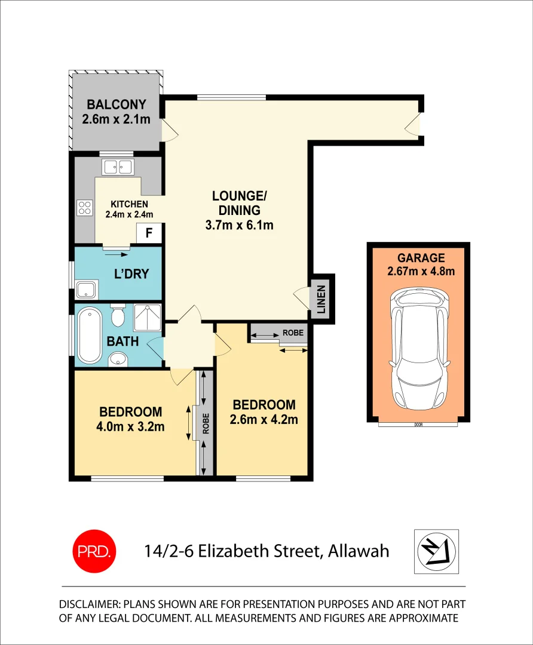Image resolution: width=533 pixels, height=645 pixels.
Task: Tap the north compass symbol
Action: (x=436, y=551)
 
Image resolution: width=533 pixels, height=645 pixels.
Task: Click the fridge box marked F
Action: (x=149, y=233)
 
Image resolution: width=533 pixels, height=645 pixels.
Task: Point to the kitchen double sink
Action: (x=118, y=167)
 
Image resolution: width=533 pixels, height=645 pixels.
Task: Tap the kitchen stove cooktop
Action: (x=85, y=208)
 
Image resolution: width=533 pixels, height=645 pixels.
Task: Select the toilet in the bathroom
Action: (x=118, y=315)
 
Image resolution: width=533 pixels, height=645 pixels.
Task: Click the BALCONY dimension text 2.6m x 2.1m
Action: (x=116, y=119)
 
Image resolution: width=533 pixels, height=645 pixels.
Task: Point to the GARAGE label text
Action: (x=421, y=258)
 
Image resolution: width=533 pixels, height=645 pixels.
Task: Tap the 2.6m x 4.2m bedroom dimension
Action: (x=264, y=419)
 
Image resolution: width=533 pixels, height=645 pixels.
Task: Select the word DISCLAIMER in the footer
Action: (x=96, y=604)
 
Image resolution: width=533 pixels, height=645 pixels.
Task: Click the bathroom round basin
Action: (x=118, y=359)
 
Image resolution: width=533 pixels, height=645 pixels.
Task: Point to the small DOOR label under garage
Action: (x=418, y=425)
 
